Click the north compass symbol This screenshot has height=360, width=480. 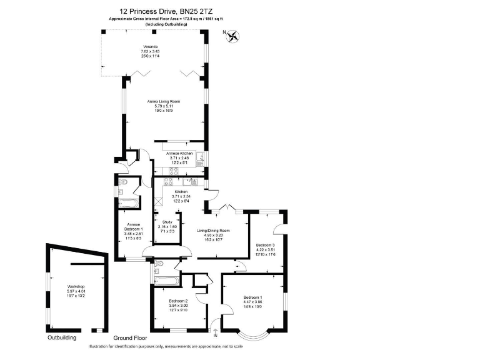coord(234,37)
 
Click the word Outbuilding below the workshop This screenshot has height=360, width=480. coord(62,338)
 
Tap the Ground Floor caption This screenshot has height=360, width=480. coord(121,338)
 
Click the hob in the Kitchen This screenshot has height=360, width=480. coord(167,182)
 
